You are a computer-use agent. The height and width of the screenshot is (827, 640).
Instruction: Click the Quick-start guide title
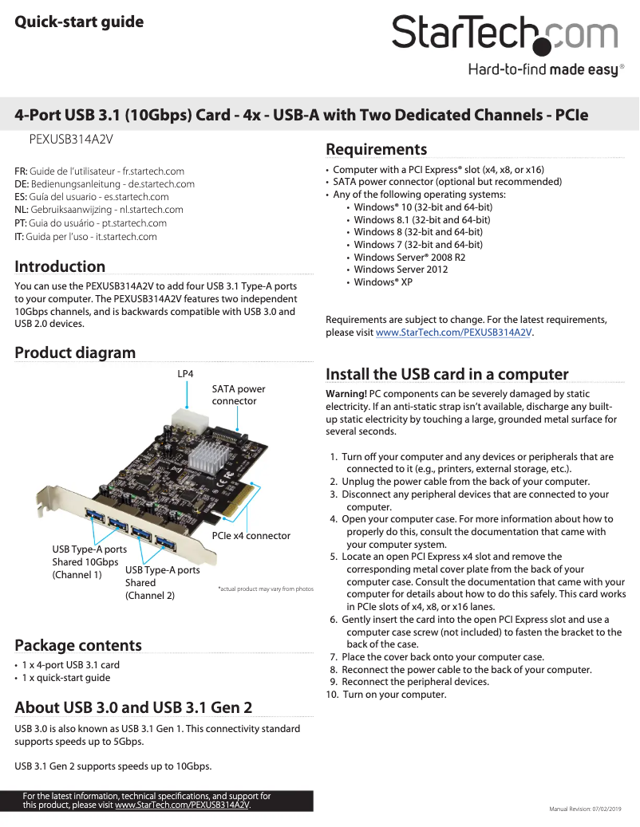79,22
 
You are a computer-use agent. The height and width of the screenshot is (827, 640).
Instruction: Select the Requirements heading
377,149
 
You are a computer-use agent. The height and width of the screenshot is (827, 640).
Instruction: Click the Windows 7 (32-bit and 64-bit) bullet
417,245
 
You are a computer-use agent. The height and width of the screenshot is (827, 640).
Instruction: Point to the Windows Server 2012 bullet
401,270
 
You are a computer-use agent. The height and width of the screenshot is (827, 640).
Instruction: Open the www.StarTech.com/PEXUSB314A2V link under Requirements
453,332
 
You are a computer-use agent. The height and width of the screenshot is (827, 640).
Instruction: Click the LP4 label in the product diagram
185,373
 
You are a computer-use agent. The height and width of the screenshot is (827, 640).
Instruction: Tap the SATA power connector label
239,395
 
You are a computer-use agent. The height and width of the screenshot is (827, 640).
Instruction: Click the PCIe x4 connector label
251,535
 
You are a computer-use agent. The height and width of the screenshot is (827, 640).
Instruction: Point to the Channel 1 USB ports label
89,561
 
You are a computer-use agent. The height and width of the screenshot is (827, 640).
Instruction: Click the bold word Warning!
346,394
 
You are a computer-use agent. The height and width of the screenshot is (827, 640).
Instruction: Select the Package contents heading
78,645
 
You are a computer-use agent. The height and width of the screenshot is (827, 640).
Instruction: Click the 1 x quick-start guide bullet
65,678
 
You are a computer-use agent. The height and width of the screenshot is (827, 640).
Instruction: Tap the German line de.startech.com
105,183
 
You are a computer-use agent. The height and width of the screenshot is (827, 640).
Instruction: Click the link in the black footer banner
182,805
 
